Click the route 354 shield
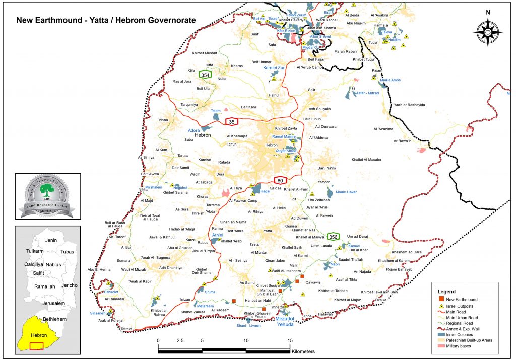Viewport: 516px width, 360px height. (205, 75)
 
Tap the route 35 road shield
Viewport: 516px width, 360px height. (232, 121)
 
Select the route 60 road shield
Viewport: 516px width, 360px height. (281, 180)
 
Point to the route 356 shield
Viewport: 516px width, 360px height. (333, 236)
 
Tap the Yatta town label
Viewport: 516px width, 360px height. (271, 231)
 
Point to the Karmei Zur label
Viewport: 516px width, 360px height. (274, 67)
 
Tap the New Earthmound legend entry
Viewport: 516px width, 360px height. (463, 299)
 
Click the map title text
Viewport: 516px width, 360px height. (106, 21)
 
